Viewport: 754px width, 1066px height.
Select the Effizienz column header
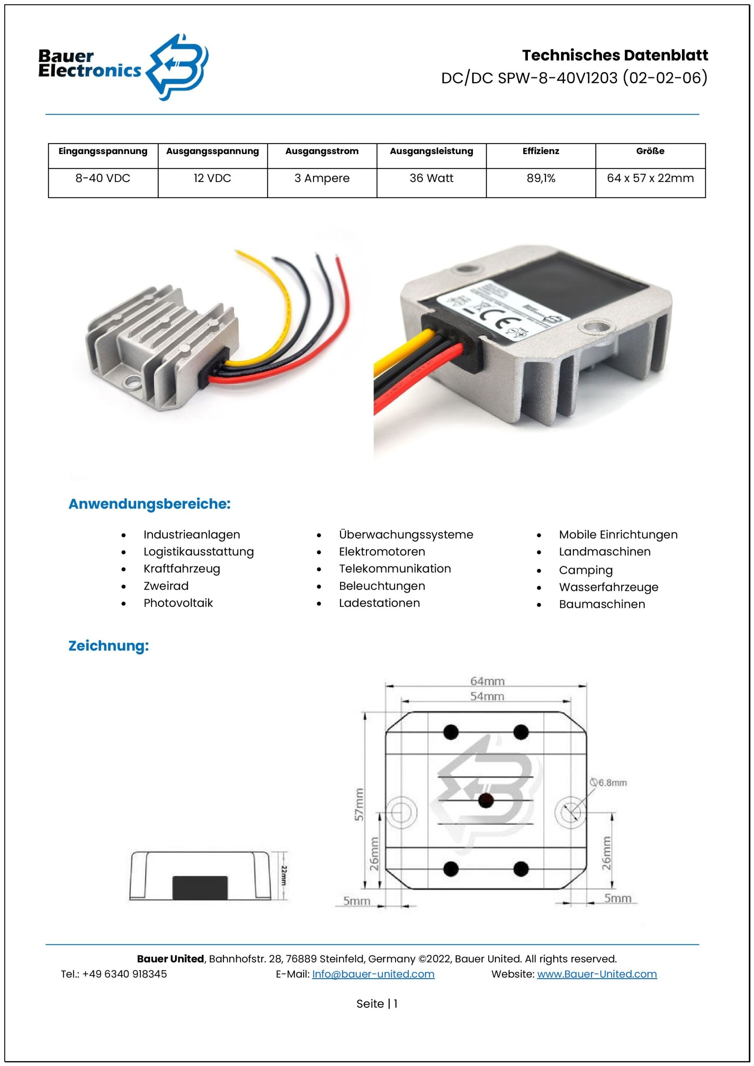click(540, 151)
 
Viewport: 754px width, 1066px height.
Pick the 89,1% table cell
click(540, 178)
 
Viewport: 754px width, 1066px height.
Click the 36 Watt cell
click(431, 178)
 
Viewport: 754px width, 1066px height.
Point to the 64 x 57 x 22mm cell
click(650, 178)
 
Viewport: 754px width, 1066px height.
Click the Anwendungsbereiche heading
click(149, 504)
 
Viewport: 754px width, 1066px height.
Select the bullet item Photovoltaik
click(178, 603)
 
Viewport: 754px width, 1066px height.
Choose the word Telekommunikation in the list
click(395, 569)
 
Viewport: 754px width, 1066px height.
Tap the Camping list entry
click(585, 570)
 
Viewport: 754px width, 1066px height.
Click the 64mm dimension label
click(487, 681)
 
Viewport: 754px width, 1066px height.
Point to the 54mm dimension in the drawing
click(487, 696)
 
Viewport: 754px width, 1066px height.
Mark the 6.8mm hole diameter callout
click(609, 783)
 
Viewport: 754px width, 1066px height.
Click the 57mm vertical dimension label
click(359, 804)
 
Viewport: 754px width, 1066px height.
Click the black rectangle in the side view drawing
click(200, 887)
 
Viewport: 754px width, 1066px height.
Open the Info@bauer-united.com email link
click(373, 974)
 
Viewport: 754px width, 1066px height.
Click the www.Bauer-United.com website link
click(597, 974)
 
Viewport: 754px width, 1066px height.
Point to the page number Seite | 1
click(376, 1004)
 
